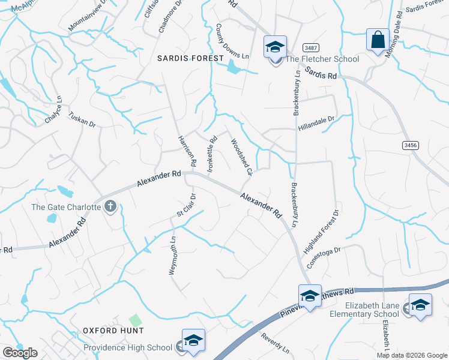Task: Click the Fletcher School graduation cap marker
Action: coord(276,47)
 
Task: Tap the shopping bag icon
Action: coord(378,41)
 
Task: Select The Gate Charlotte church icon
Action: coord(110,207)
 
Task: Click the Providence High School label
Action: coord(128,347)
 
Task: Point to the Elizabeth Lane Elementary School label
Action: coord(366,310)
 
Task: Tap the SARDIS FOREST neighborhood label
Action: coord(190,58)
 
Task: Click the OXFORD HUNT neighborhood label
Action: coord(113,331)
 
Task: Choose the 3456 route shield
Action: coord(411,145)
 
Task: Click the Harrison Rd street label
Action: coord(187,151)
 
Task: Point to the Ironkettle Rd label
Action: coord(211,155)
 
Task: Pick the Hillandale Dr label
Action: coord(316,123)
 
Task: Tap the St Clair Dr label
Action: coord(185,205)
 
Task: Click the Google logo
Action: coord(20,353)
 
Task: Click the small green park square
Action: coord(136,321)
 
